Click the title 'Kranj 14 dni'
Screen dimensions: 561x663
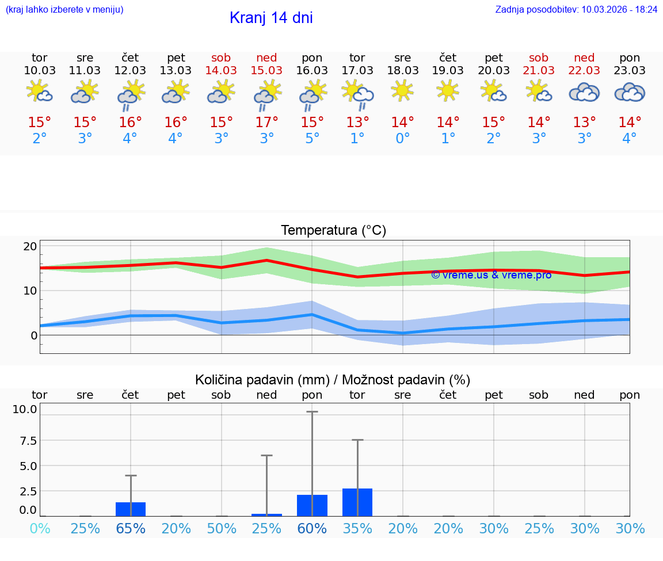pyautogui.click(x=271, y=18)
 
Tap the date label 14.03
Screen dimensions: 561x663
pyautogui.click(x=221, y=70)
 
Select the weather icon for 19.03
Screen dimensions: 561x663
pyautogui.click(x=448, y=91)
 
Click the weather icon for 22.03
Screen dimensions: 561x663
pyautogui.click(x=584, y=92)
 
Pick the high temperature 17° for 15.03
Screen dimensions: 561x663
pyautogui.click(x=266, y=123)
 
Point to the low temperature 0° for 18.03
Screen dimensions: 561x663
pyautogui.click(x=402, y=139)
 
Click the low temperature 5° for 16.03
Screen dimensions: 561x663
pyautogui.click(x=312, y=139)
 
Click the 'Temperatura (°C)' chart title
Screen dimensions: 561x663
pyautogui.click(x=333, y=231)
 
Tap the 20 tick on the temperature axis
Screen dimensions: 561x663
pyautogui.click(x=30, y=246)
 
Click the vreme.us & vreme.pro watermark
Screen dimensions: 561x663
pyautogui.click(x=491, y=275)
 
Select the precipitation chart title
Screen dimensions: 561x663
pyautogui.click(x=333, y=380)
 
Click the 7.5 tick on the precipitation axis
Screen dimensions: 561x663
pyautogui.click(x=25, y=441)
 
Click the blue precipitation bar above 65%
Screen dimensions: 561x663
pyautogui.click(x=131, y=509)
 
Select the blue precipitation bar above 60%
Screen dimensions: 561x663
pyautogui.click(x=312, y=506)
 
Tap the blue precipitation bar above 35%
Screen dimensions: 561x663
pyautogui.click(x=357, y=502)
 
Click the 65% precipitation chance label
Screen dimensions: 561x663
pyautogui.click(x=131, y=529)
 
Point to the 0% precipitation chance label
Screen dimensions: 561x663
pyautogui.click(x=40, y=529)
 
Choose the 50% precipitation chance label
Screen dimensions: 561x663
pyautogui.click(x=222, y=529)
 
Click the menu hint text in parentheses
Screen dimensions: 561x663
pyautogui.click(x=64, y=9)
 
